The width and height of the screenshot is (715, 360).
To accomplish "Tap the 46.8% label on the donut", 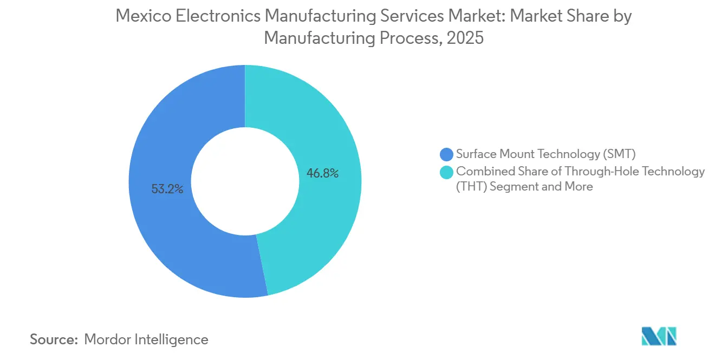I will click(x=322, y=173).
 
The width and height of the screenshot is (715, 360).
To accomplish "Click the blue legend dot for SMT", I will click(x=447, y=154).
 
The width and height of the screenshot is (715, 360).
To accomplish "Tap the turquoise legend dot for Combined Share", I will click(x=447, y=172).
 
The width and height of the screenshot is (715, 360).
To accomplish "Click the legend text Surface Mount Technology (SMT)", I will click(x=545, y=154).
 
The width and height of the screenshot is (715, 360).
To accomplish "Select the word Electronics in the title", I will click(x=222, y=16).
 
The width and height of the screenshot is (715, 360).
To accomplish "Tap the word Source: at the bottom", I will click(x=54, y=340).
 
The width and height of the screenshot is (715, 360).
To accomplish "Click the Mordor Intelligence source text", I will click(x=146, y=340).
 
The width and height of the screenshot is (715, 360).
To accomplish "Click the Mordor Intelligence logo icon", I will click(x=659, y=337).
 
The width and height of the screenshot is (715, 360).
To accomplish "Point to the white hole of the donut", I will click(x=245, y=181).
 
